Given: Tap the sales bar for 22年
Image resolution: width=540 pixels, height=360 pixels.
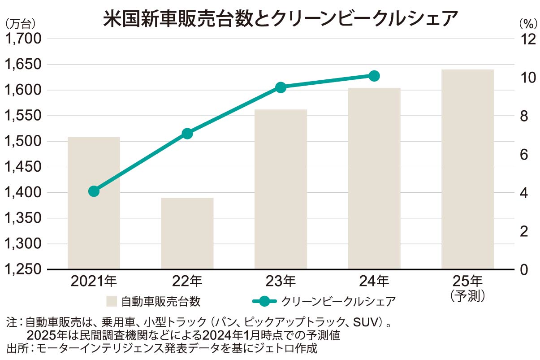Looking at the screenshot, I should point(187,233).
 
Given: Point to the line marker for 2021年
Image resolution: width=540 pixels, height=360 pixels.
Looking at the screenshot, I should point(94,191).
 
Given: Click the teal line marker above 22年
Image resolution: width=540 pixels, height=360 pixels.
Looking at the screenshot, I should point(187,134).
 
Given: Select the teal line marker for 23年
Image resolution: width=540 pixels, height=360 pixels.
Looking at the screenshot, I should point(281,87).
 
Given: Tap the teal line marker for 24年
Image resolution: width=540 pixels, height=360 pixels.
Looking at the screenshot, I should point(374,76).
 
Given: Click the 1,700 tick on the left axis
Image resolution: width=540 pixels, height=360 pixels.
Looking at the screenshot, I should point(23,39).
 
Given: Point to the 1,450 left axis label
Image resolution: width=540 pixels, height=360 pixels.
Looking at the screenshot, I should point(23,167).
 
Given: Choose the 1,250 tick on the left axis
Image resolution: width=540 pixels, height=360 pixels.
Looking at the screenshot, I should point(23,269).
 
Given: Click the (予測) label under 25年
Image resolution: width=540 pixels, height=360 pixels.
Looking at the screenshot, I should point(468,296).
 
